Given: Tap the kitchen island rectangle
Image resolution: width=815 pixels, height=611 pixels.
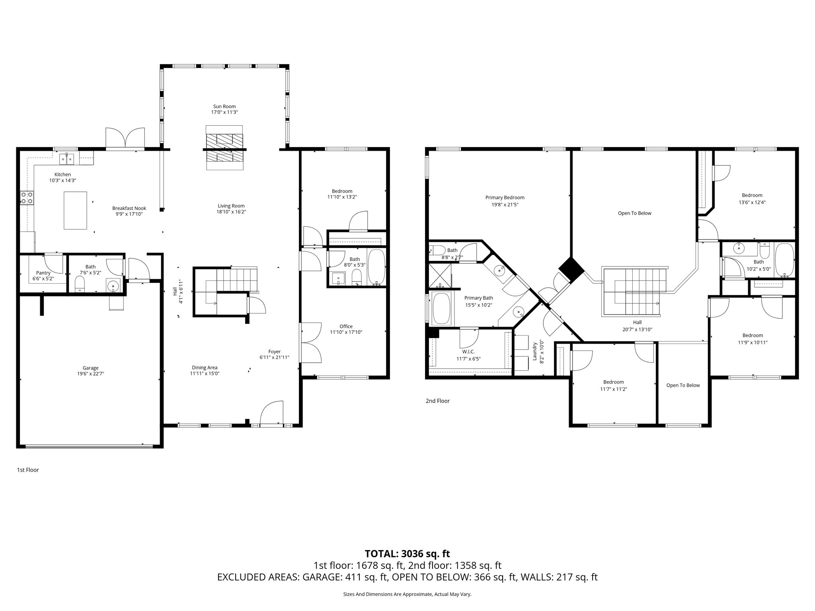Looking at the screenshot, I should pyautogui.click(x=76, y=210).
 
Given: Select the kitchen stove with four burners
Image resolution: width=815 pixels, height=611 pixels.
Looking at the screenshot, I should pyautogui.click(x=27, y=198).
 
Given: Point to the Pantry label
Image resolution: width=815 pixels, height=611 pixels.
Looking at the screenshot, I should pyautogui.click(x=43, y=272).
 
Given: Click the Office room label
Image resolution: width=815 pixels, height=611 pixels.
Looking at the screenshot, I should pyautogui.click(x=346, y=326).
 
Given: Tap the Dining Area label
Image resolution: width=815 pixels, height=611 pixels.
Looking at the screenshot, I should pyautogui.click(x=205, y=368).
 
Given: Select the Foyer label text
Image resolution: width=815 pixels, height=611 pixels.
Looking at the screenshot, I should pyautogui.click(x=274, y=352).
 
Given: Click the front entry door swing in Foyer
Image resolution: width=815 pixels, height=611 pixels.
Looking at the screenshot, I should pyautogui.click(x=271, y=414).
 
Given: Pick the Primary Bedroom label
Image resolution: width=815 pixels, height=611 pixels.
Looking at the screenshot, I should pyautogui.click(x=505, y=197).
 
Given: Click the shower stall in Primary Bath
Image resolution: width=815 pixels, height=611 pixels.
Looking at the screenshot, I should pyautogui.click(x=440, y=275).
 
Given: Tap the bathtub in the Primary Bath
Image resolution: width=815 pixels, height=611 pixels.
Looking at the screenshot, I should pyautogui.click(x=441, y=308).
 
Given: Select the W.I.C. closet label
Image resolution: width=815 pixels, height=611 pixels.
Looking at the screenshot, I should pyautogui.click(x=468, y=352).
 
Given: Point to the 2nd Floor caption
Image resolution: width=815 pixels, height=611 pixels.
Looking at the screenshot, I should pyautogui.click(x=437, y=401).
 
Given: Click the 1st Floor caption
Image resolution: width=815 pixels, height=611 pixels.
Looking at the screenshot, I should pyautogui.click(x=28, y=470).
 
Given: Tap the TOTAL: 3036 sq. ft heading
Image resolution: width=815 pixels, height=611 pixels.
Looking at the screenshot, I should pyautogui.click(x=407, y=553).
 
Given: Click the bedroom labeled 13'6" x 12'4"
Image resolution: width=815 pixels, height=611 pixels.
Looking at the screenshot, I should pyautogui.click(x=752, y=198).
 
